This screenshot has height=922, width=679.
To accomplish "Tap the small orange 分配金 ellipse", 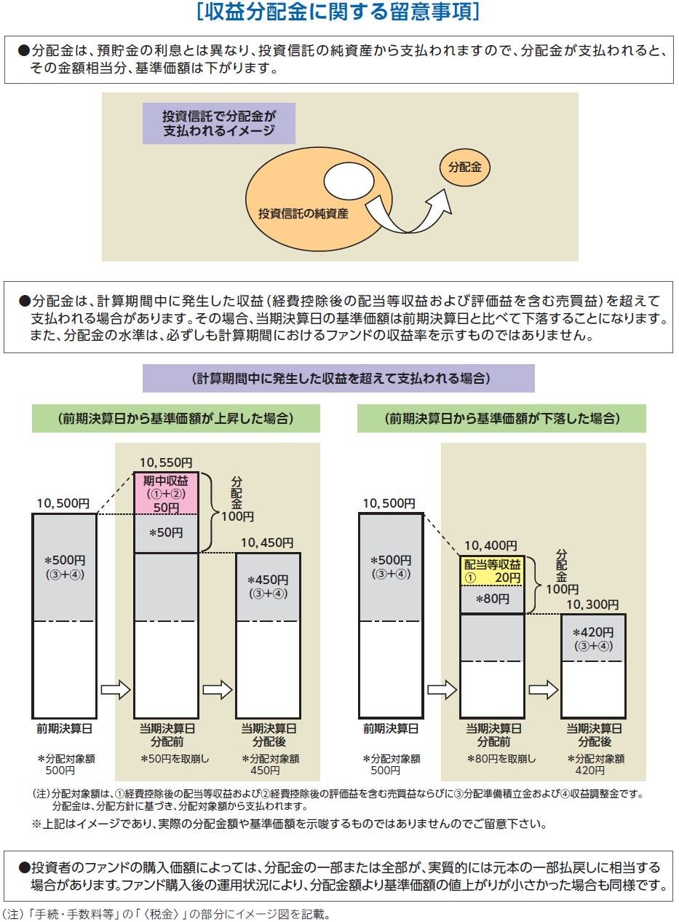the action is click(464, 168).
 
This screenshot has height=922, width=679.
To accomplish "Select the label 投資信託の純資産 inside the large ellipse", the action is click(303, 213).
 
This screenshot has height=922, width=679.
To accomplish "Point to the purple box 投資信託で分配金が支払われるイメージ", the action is click(218, 123).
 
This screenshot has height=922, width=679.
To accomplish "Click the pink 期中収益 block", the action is click(165, 493).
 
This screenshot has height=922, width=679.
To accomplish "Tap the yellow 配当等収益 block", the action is click(493, 571).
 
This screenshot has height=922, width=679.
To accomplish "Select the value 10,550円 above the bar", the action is click(165, 462).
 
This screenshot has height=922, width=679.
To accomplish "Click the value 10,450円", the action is click(266, 543).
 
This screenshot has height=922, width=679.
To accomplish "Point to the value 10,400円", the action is click(491, 545).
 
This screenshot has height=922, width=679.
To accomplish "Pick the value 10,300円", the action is click(592, 604).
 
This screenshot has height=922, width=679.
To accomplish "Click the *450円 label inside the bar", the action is click(267, 580).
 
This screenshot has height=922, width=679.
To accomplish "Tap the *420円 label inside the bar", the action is click(593, 633).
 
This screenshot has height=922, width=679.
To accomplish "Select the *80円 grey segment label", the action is click(493, 599).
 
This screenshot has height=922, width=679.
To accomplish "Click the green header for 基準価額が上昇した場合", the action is click(175, 419).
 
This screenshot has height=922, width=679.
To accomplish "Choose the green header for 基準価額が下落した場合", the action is click(501, 419).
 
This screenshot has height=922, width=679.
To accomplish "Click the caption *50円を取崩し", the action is click(175, 758).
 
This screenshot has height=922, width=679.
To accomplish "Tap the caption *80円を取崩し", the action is click(501, 758).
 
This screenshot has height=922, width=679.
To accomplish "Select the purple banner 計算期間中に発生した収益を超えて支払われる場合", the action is click(338, 379).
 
